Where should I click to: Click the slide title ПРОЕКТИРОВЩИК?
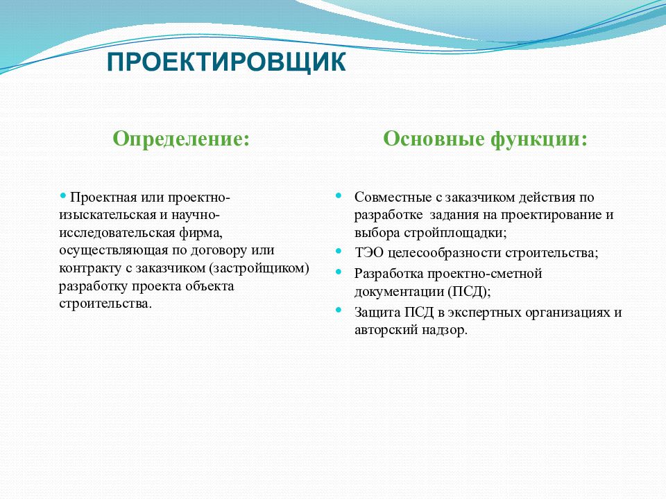click(226, 62)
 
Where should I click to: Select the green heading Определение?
click(181, 139)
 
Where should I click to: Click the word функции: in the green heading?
click(539, 139)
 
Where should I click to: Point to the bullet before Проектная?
click(63, 195)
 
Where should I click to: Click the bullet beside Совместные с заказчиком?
click(339, 195)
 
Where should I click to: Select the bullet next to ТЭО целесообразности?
click(339, 251)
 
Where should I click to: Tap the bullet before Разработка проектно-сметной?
click(339, 272)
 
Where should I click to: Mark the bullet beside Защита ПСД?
click(339, 310)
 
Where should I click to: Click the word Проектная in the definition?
click(103, 198)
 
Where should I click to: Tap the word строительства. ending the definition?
click(105, 304)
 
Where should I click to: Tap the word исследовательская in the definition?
click(117, 233)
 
